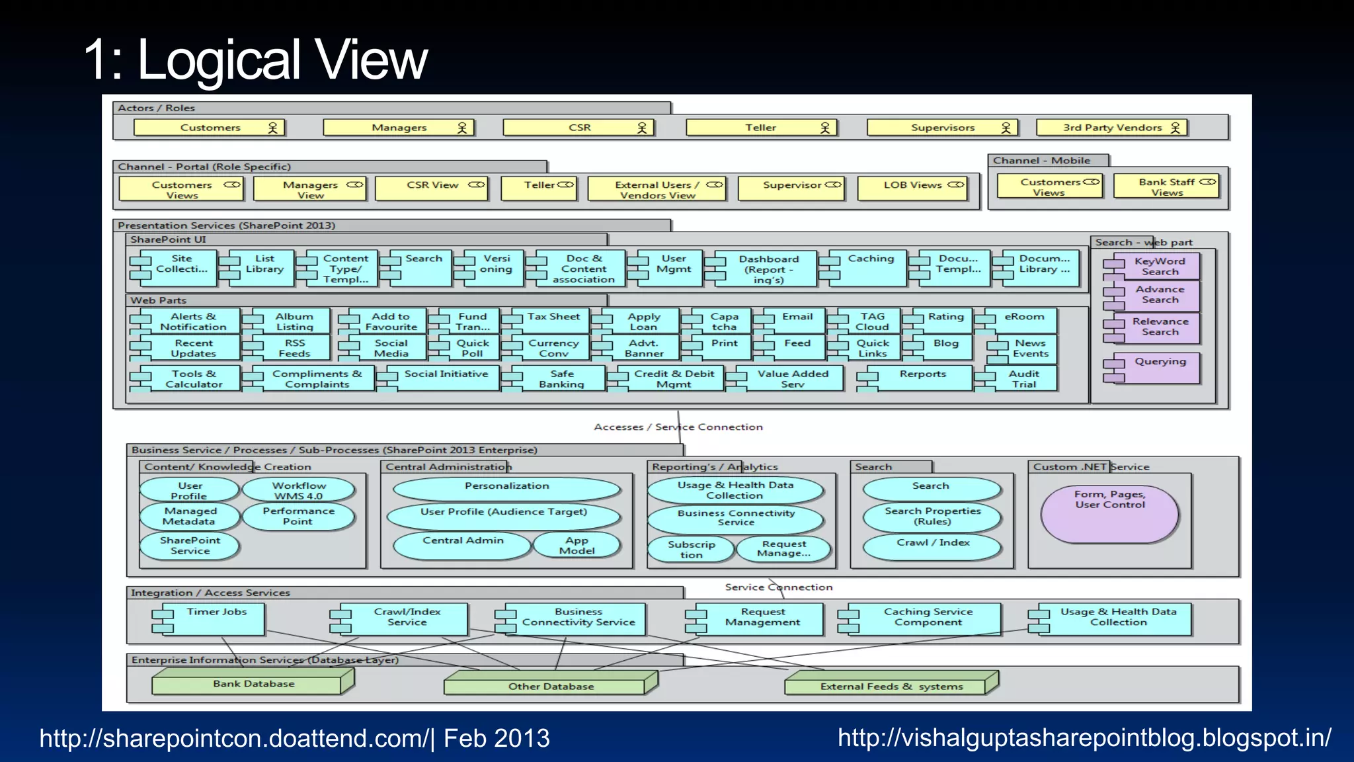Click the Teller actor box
tap(761, 128)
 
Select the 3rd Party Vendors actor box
tap(1112, 128)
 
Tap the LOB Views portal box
tap(912, 188)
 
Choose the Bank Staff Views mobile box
tap(1167, 187)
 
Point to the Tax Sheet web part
tap(553, 320)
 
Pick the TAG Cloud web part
tap(873, 321)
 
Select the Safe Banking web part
tap(561, 378)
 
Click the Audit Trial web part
tap(1023, 378)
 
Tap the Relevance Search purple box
tap(1159, 327)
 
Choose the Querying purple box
tap(1159, 368)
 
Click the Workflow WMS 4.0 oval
tap(299, 490)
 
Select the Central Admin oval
tap(463, 544)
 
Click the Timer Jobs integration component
tap(216, 618)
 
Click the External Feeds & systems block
tap(891, 685)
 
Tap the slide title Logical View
tap(257, 60)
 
